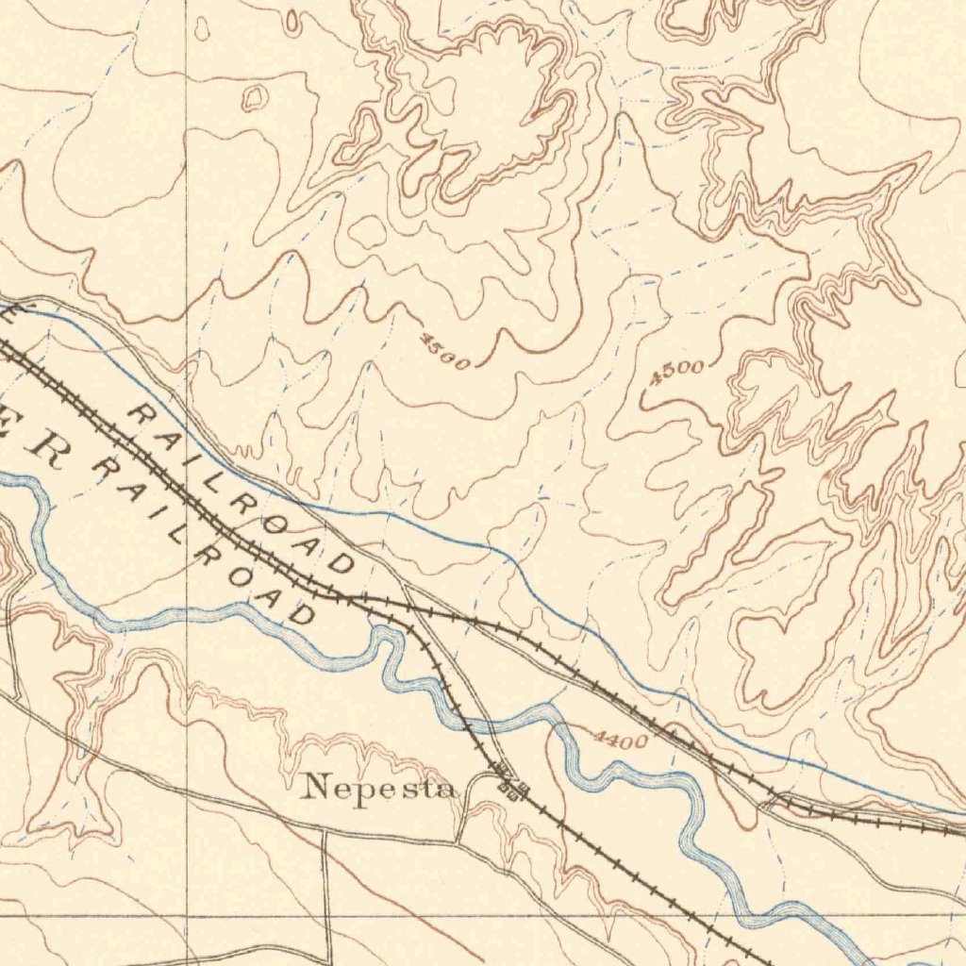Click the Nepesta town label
tap(380, 786)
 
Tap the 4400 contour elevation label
tap(621, 741)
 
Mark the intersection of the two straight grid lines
tap(186, 914)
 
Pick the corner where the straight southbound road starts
tap(325, 834)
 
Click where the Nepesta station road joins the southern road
tap(458, 840)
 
